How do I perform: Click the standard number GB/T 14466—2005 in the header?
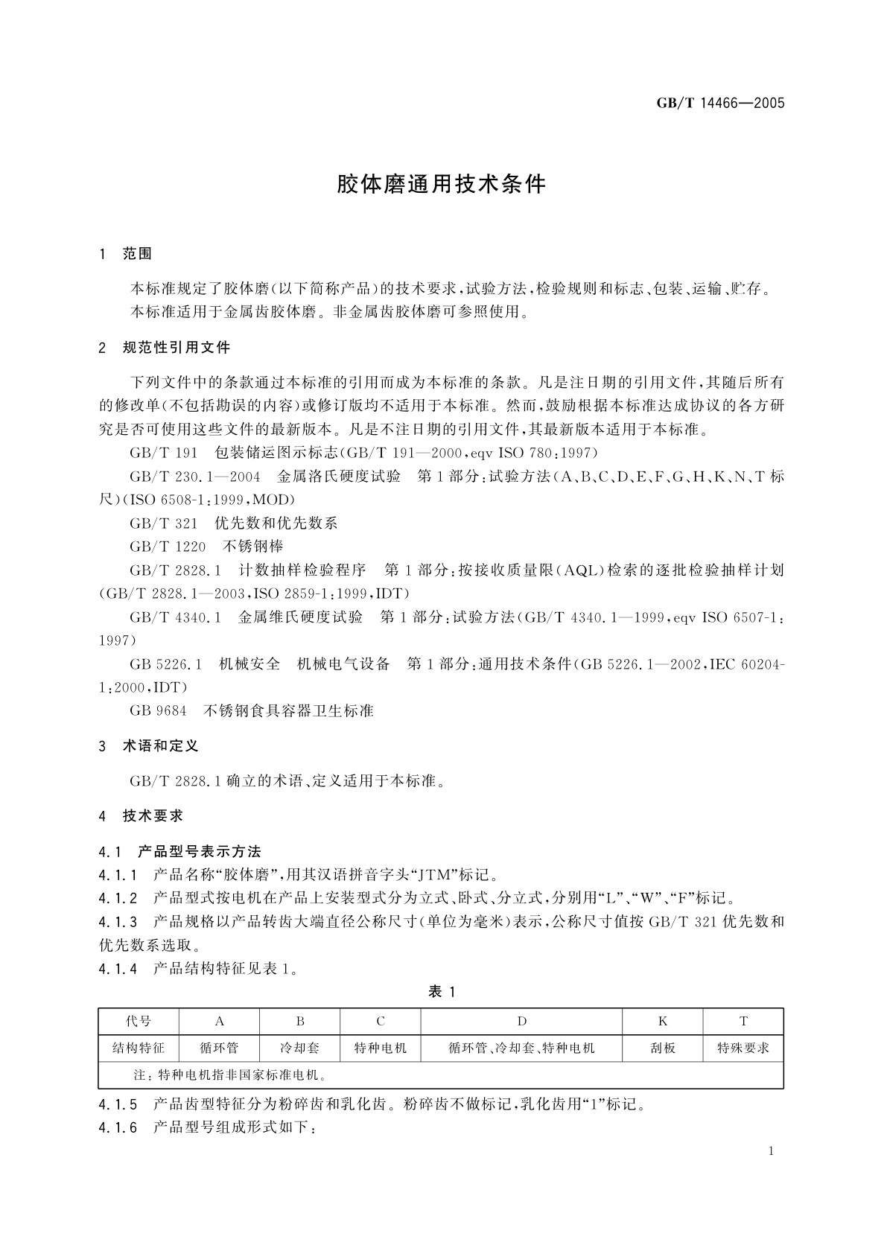click(720, 104)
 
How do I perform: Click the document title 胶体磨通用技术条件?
click(442, 184)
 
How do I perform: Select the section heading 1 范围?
click(126, 254)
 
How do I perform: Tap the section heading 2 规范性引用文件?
click(165, 347)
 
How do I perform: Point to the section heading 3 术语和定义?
click(149, 745)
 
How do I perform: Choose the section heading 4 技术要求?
click(142, 816)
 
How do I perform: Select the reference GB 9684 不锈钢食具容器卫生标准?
click(252, 710)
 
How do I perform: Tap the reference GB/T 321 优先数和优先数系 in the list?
click(234, 523)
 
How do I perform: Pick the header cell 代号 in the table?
click(139, 1021)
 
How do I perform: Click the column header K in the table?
click(663, 1021)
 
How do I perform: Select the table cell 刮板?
click(663, 1048)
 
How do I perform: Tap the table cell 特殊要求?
click(743, 1048)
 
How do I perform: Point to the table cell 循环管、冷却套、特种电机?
click(521, 1048)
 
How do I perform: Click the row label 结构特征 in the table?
click(139, 1048)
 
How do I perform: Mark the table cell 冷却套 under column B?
click(300, 1048)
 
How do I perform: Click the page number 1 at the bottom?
click(771, 1151)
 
